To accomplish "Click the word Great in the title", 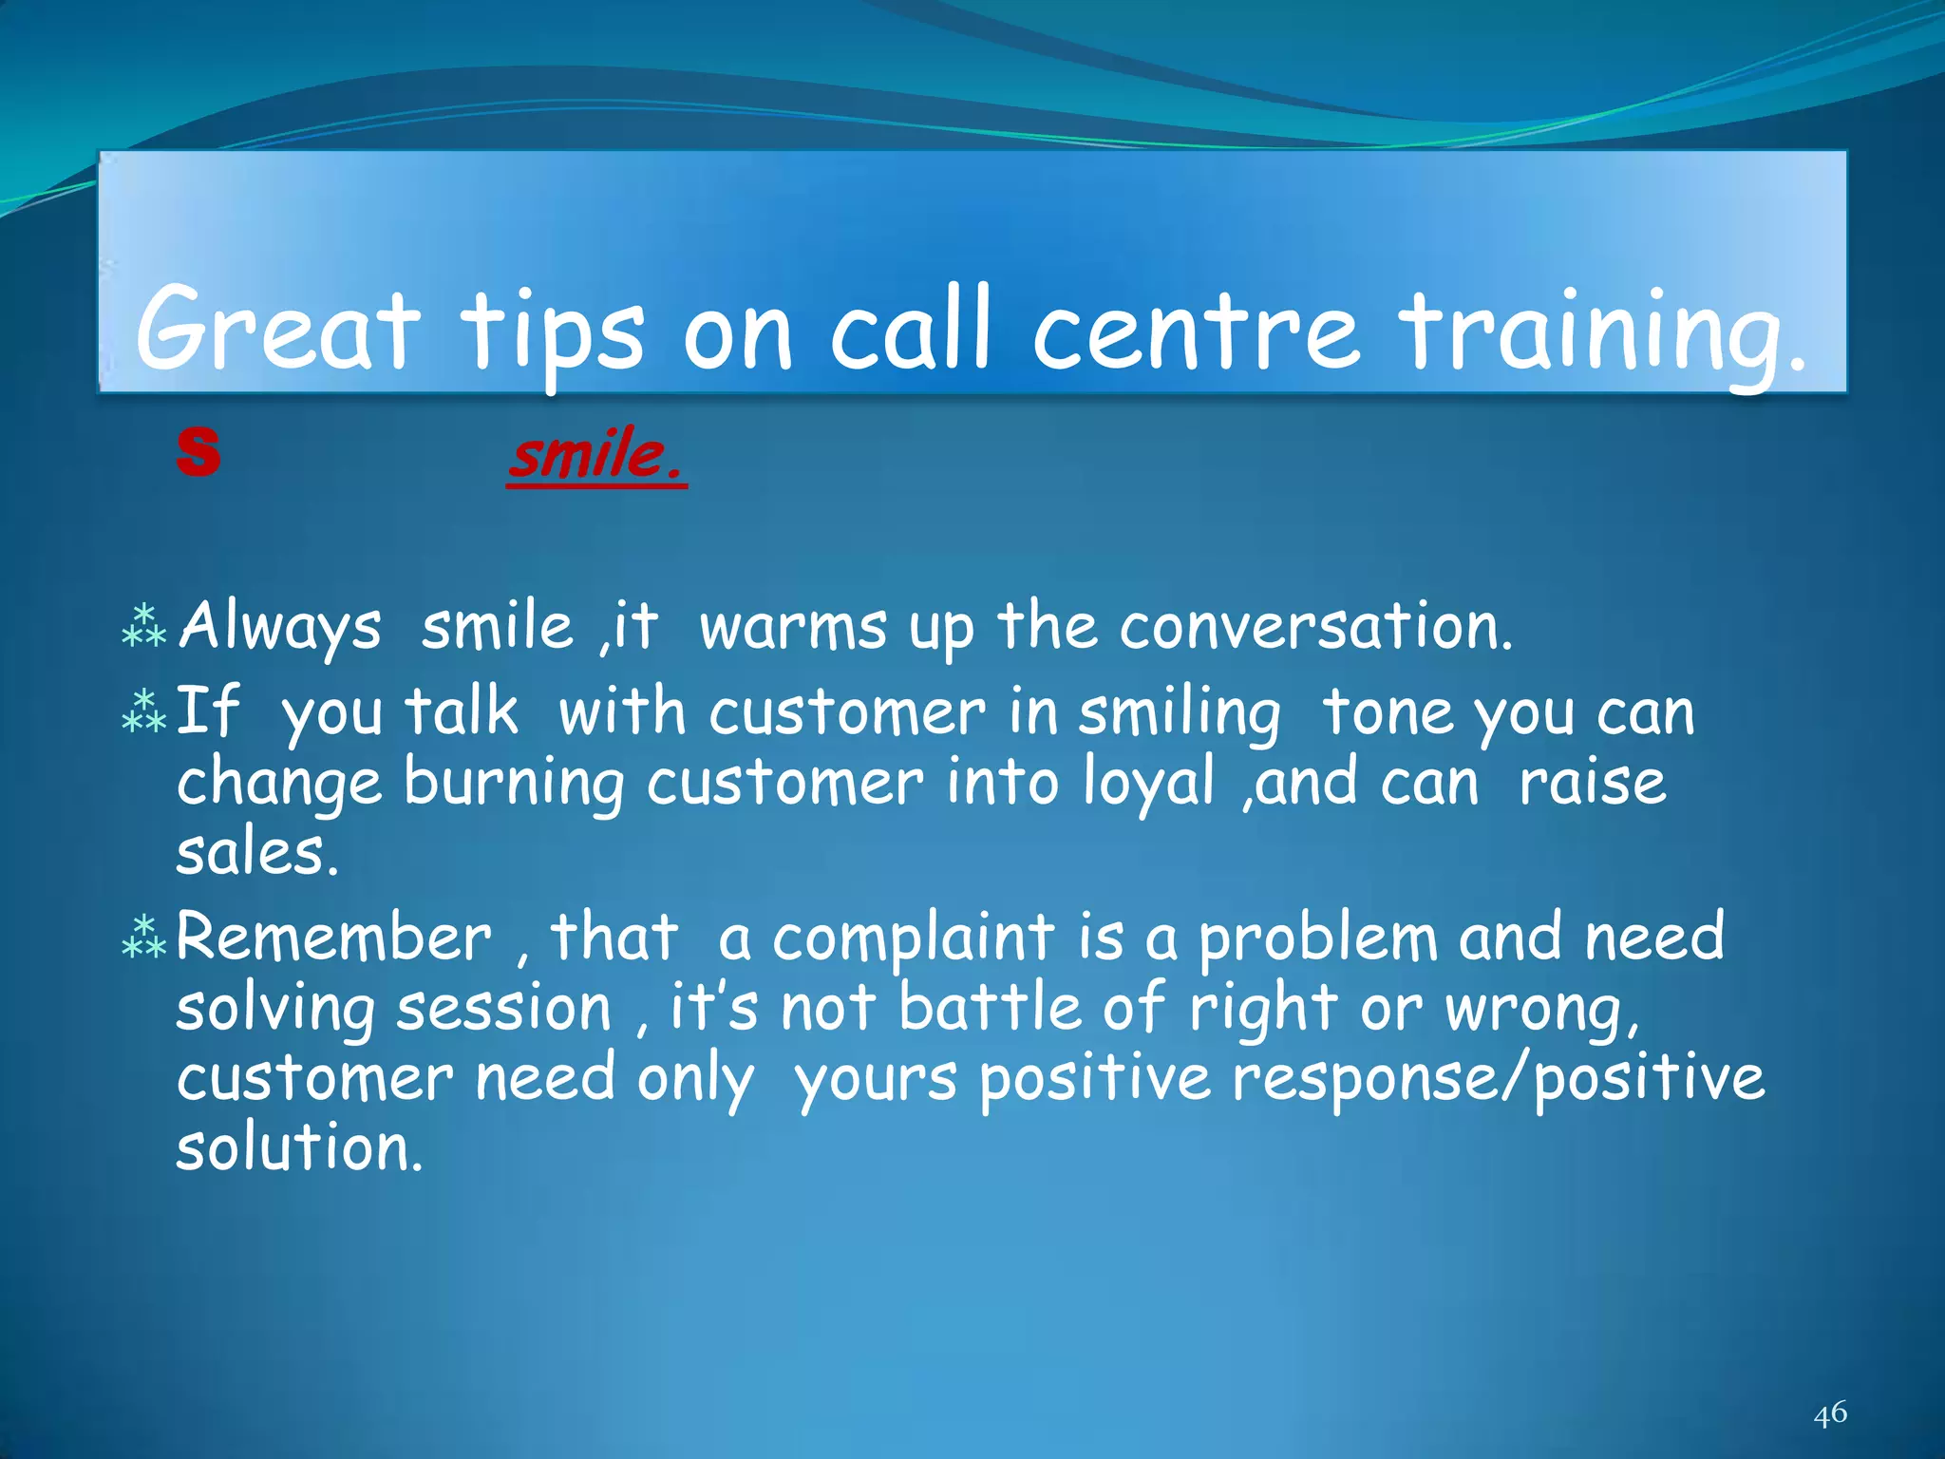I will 276,331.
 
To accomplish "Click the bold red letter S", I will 198,452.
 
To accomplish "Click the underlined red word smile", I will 595,456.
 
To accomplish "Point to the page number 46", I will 1829,1413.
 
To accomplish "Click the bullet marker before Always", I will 144,627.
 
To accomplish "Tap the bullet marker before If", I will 144,712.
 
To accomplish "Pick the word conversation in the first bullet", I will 1314,627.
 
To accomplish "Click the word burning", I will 514,785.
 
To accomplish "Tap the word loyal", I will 1148,785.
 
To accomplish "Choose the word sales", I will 256,853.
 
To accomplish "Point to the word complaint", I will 913,938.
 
